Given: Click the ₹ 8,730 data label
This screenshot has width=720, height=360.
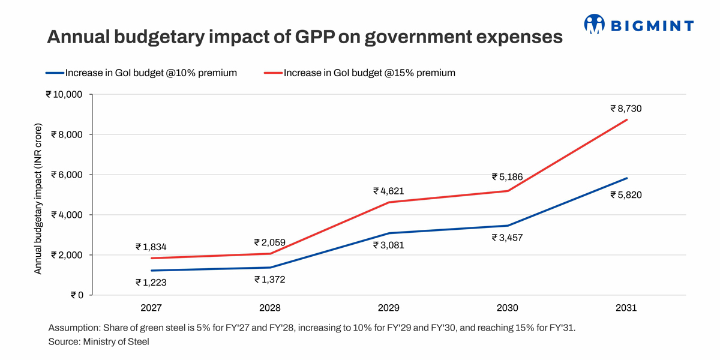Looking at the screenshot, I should [627, 109].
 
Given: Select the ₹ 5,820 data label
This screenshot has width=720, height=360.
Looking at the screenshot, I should [627, 195].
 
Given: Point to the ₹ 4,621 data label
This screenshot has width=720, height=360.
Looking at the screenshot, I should [389, 191].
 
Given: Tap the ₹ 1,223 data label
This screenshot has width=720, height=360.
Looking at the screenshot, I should [151, 282].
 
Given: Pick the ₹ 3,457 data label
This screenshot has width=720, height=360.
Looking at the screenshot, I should [507, 238].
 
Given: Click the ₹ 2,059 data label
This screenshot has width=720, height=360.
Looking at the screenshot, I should [269, 243].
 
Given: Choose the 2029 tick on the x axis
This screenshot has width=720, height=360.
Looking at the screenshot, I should [389, 308].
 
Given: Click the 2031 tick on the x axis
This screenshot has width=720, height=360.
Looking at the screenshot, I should [626, 308].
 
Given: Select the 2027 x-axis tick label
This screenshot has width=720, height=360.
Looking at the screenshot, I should [151, 308].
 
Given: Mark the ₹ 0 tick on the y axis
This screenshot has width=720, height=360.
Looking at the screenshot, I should [77, 295].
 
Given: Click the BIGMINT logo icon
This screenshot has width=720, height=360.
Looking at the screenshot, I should [595, 25].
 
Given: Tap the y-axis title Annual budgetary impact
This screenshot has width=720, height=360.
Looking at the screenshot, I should [38, 199].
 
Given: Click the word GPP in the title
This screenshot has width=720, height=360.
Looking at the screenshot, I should [314, 38].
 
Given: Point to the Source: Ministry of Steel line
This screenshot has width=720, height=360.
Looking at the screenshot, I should [98, 342].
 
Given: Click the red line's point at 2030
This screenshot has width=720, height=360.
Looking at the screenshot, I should [508, 191].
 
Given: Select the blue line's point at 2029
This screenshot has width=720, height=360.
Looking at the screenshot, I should [389, 233].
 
